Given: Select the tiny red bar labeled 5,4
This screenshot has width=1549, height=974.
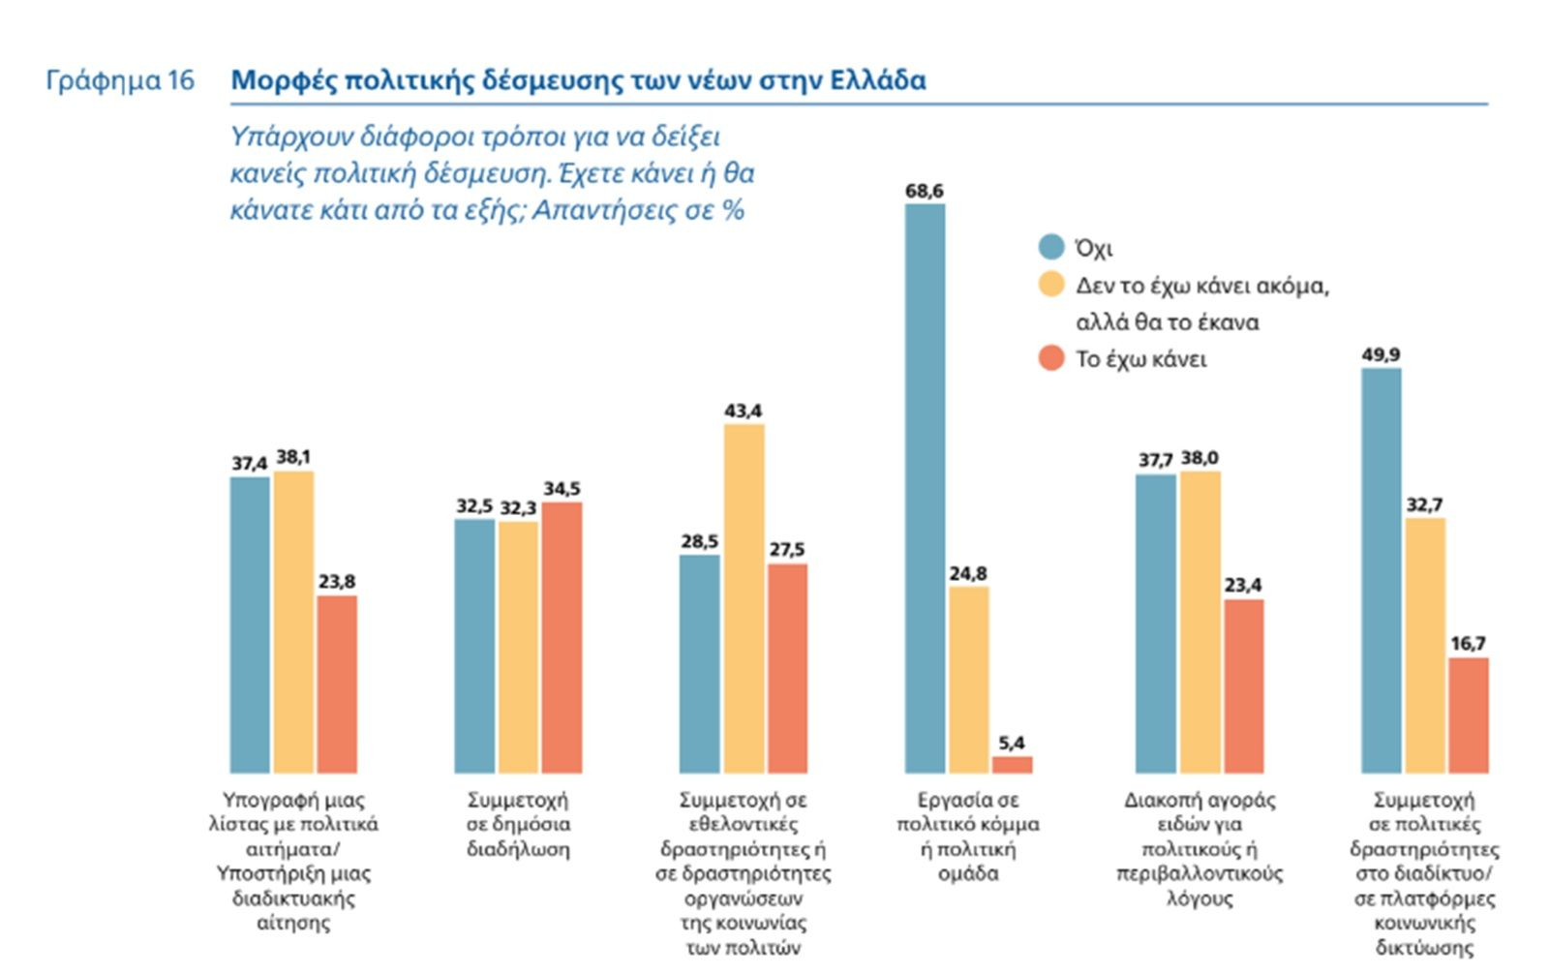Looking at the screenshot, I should [x=1012, y=765].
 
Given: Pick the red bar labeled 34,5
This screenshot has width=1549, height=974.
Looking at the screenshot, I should [x=562, y=637].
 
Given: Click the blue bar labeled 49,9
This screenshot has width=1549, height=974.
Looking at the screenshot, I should [x=1381, y=570].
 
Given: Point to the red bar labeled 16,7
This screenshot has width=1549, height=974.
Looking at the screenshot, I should [x=1468, y=715].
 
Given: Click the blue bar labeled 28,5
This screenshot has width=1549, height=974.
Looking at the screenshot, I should [x=699, y=664].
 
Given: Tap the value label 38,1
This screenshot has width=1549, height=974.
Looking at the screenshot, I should [x=293, y=457].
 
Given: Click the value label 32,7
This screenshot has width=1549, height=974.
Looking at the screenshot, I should [x=1424, y=504].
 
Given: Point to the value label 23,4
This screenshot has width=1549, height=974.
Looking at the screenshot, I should [x=1243, y=585].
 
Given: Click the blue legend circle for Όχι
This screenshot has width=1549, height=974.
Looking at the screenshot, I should [x=1051, y=247].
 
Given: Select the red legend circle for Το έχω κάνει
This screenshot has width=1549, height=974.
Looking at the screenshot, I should [x=1051, y=358].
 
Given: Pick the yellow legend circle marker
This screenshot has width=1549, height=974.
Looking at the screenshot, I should [x=1051, y=285].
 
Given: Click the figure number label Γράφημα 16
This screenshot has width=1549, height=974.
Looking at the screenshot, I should [x=120, y=80].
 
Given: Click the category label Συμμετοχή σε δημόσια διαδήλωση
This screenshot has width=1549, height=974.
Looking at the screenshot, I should [x=518, y=825].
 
